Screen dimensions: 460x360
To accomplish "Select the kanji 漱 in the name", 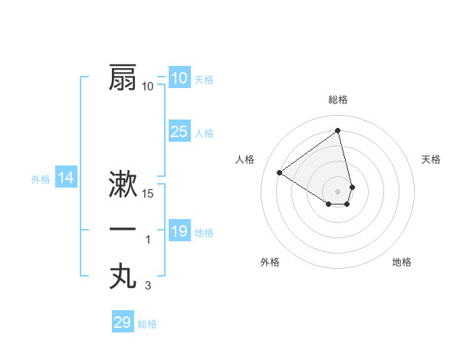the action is [123, 185].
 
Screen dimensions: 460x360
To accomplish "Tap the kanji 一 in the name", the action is [123, 230].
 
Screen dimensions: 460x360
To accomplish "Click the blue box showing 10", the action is [179, 78].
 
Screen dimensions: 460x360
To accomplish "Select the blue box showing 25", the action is [179, 132].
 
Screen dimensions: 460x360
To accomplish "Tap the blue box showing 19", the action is [179, 231].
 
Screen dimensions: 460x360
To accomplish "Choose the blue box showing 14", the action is [66, 178].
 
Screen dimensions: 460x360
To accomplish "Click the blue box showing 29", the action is [122, 322].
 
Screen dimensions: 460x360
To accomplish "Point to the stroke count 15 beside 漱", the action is [148, 194].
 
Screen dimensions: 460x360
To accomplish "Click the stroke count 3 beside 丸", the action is [148, 285].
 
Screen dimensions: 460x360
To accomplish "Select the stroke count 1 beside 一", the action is [148, 240].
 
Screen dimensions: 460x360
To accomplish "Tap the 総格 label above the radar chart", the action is [337, 100].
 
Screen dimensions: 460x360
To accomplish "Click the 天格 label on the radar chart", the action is [431, 159].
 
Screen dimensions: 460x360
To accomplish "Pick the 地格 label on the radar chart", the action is [402, 262].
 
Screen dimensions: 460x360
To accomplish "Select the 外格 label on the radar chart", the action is [270, 262].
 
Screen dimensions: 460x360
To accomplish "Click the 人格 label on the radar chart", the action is [245, 159].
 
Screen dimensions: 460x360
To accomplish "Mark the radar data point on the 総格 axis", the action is [337, 130].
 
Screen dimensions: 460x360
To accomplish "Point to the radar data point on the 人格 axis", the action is [280, 172].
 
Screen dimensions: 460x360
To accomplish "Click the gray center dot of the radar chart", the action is [337, 190].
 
